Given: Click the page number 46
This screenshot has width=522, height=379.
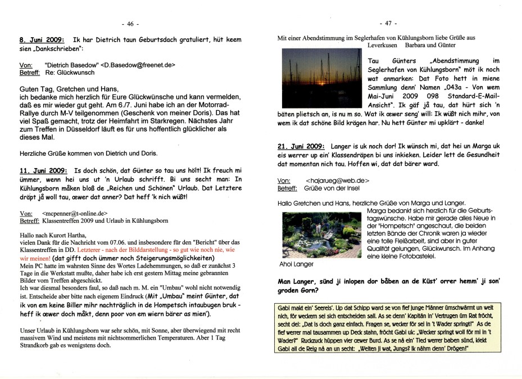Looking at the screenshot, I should point(130,24).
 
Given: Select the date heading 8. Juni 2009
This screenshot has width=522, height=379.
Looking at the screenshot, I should point(41,40).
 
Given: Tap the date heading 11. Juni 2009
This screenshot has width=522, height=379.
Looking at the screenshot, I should point(43,170).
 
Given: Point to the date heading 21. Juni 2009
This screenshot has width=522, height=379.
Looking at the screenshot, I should point(301,146).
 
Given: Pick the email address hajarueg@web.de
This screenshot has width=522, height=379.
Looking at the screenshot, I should point(337,180).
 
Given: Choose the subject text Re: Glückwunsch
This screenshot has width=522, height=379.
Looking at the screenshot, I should point(69,73).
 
